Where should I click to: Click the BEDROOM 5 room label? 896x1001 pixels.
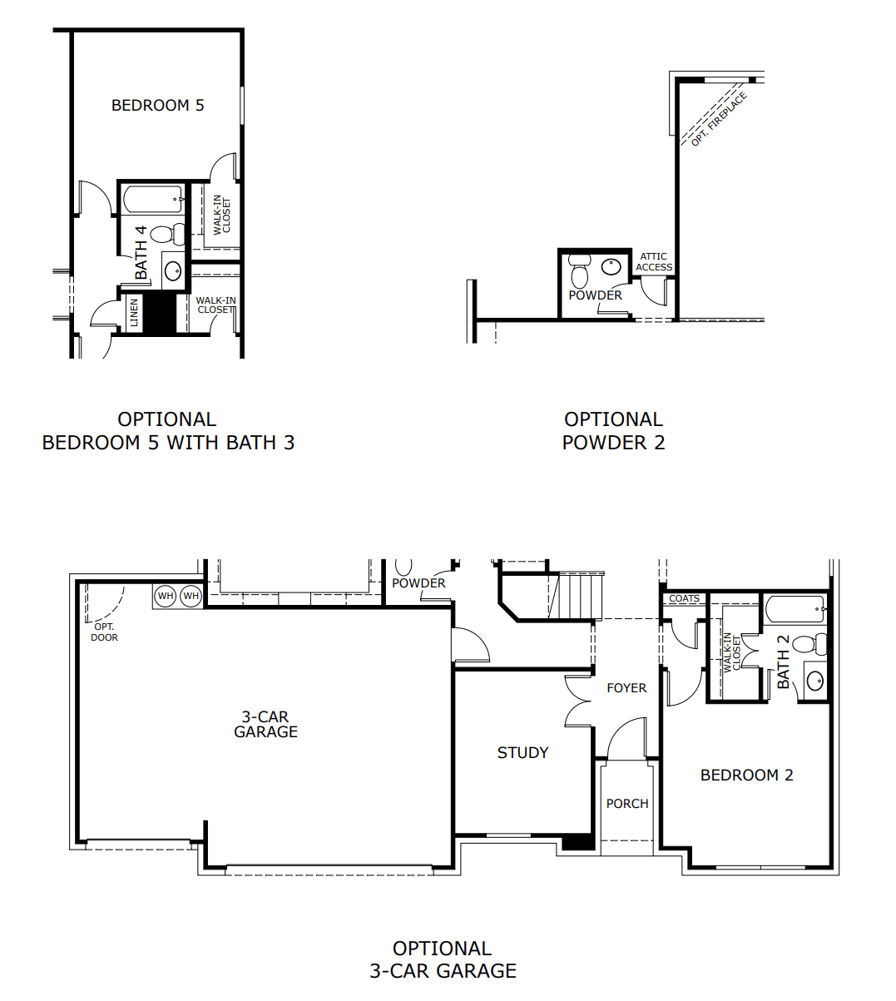(158, 106)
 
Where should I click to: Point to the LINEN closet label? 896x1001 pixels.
(134, 314)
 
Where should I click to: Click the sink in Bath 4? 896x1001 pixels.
(172, 270)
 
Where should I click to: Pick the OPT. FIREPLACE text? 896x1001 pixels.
(719, 120)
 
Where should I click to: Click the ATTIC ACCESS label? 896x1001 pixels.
(654, 262)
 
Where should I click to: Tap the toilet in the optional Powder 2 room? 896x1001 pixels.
(579, 271)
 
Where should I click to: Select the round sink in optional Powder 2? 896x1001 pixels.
(611, 266)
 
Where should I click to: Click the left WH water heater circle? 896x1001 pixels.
(166, 596)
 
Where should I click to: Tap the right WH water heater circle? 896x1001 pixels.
(191, 596)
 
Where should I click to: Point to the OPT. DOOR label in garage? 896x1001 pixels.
(104, 632)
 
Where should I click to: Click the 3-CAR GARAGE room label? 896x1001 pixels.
(265, 724)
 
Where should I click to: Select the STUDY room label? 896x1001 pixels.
(522, 752)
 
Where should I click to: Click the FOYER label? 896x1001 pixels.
(626, 688)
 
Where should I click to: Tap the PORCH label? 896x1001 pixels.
(627, 804)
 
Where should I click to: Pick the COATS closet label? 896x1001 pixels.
(684, 598)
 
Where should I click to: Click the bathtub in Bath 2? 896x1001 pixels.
(795, 609)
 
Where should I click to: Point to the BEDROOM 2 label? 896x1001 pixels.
(746, 775)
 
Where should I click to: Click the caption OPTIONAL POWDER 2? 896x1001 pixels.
(613, 431)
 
